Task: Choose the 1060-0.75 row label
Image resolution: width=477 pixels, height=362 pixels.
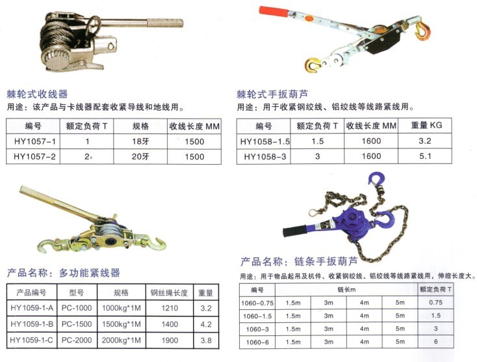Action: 259,303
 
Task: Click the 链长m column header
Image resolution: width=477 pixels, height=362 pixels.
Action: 347,288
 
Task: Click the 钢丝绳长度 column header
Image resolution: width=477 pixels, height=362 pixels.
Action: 169,292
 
